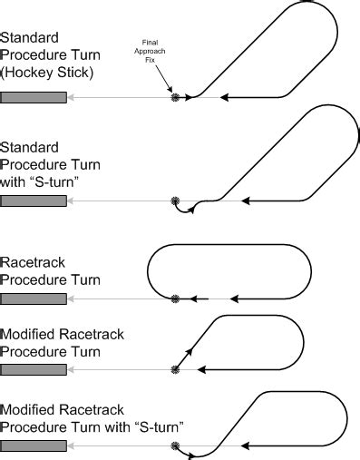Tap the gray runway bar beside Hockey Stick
coord(34,97)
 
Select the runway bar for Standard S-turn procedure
coord(34,201)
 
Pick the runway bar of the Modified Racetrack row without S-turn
coord(34,369)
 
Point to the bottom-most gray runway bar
coord(34,445)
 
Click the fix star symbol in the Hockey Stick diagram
coord(174,97)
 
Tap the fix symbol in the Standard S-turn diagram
coord(174,201)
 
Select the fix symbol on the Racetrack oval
coord(174,299)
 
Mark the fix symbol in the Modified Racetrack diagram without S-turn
coord(174,369)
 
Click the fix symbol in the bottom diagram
coord(174,445)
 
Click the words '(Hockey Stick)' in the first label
coord(44,72)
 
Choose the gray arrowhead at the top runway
coord(71,97)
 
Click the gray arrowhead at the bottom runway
coord(71,445)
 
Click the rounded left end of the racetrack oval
coord(149,272)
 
